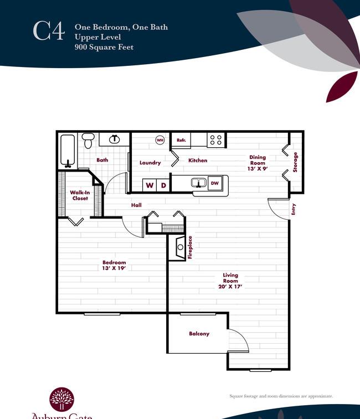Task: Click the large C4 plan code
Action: (x=49, y=31)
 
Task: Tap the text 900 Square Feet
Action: (x=104, y=47)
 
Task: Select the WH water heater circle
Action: (x=160, y=140)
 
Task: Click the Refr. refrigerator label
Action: (x=181, y=140)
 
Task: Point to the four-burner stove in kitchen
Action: (x=216, y=139)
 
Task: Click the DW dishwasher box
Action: (x=215, y=183)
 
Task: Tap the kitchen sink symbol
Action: (x=199, y=183)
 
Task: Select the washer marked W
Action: (x=150, y=185)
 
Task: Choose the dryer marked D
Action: (x=163, y=185)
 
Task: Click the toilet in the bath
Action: (x=88, y=140)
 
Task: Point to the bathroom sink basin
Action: (x=115, y=139)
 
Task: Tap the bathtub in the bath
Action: (x=68, y=151)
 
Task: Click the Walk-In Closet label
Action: (x=80, y=195)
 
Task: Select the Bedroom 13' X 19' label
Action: (x=114, y=265)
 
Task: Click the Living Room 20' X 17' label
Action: (x=230, y=281)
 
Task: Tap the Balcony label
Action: (x=199, y=334)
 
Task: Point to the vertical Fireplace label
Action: (x=190, y=247)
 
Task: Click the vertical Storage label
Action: (x=295, y=162)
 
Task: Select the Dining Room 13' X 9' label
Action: (x=258, y=163)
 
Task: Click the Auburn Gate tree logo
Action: (x=61, y=399)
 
